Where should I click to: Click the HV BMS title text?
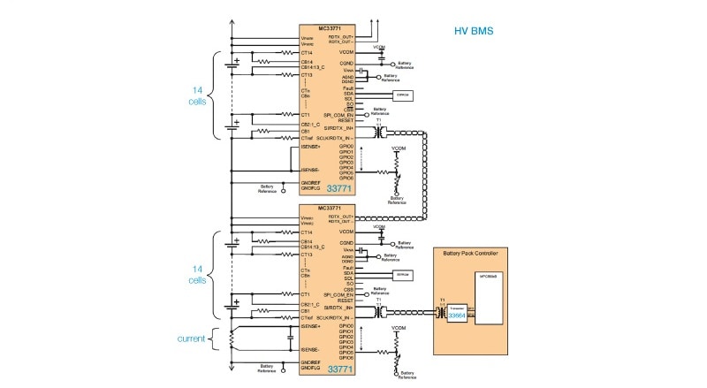[473, 31]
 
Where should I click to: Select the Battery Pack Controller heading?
[481, 254]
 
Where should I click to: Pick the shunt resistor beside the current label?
[232, 339]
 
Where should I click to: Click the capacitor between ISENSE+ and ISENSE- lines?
[291, 338]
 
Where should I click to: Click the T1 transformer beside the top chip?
[380, 132]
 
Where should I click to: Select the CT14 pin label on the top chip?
[307, 53]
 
